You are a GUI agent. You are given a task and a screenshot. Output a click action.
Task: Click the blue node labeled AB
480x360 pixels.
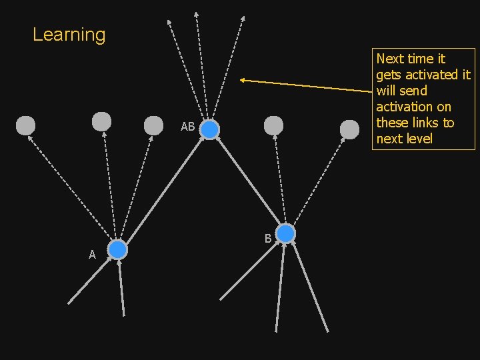(x=209, y=130)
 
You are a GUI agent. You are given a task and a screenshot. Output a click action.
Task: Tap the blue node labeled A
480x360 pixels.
(x=117, y=250)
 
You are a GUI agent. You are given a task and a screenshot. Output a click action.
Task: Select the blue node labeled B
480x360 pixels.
(x=285, y=234)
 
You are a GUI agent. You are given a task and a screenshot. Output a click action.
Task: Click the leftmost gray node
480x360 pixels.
(x=25, y=125)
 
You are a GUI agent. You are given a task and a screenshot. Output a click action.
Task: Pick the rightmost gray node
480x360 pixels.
(x=349, y=129)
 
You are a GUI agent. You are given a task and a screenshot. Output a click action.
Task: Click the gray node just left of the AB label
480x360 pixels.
(x=153, y=125)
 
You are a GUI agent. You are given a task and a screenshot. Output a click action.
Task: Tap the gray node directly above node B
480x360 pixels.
(x=273, y=125)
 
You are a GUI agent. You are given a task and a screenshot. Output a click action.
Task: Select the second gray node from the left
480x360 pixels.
(x=101, y=121)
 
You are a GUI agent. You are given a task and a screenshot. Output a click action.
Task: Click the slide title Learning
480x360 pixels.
(x=69, y=35)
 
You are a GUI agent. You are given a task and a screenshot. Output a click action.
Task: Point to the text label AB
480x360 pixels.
(x=188, y=127)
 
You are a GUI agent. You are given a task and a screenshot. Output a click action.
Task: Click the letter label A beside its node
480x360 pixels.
(x=93, y=254)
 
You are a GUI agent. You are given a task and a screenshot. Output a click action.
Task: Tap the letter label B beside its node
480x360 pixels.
(x=267, y=238)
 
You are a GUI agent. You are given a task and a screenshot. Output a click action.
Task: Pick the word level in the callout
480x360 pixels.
(x=419, y=139)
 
